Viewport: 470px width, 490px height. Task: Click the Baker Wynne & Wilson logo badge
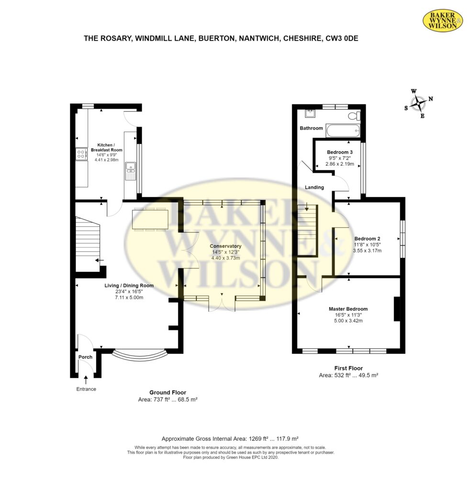[x=443, y=20]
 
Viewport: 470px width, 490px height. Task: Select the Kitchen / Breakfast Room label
[x=107, y=147]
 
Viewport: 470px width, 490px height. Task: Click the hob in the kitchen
[x=81, y=154]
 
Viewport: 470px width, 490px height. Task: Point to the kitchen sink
[x=131, y=171]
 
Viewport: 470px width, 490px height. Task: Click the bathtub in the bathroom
[x=343, y=131]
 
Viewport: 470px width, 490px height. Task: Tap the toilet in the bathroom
[x=354, y=116]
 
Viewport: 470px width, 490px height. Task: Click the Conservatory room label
[x=225, y=246]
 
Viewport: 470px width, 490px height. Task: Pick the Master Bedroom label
[x=348, y=309]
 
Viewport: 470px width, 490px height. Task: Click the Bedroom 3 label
[x=340, y=152]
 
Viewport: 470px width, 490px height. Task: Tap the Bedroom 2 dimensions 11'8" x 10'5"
[x=367, y=245]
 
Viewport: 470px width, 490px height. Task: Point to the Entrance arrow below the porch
[x=86, y=379]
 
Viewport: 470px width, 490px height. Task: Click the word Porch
[x=85, y=357]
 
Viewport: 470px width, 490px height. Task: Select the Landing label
[x=314, y=187]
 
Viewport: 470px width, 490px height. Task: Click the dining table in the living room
[x=150, y=219]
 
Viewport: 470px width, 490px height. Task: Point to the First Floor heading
[x=348, y=368]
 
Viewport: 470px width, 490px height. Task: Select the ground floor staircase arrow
[x=100, y=260]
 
